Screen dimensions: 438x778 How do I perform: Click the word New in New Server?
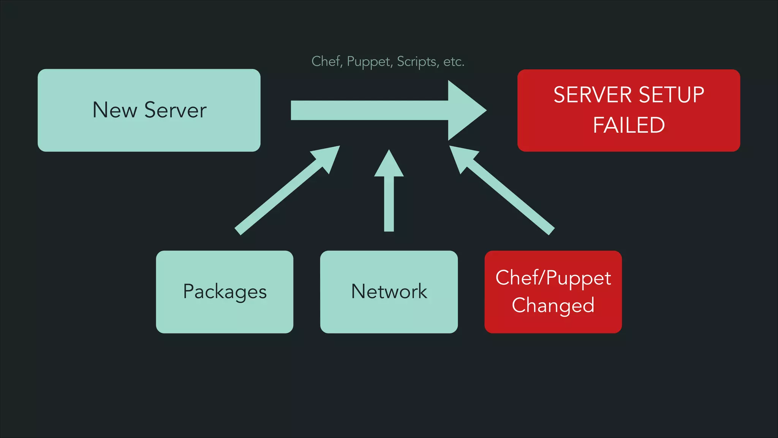114,110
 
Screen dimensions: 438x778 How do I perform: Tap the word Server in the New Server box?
176,110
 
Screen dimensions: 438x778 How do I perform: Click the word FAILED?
629,125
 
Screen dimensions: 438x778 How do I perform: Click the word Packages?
225,292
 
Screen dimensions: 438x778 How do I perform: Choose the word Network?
389,292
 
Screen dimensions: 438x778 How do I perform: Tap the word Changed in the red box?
553,305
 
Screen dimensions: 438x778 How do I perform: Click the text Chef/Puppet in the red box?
553,278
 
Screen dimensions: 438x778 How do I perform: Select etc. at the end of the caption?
454,62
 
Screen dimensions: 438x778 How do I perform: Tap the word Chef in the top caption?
326,61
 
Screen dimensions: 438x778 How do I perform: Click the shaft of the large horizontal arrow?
368,110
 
